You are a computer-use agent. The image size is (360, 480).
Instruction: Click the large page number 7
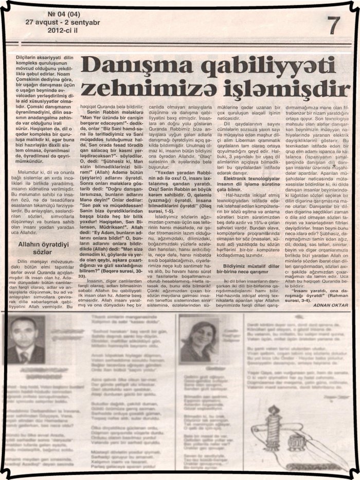click(x=334, y=24)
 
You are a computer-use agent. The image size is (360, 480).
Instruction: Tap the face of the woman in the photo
click(x=197, y=338)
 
